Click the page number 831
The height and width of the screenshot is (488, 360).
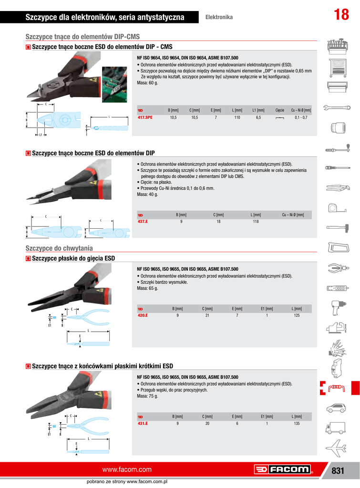point(338,470)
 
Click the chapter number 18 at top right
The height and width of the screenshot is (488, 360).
point(341,15)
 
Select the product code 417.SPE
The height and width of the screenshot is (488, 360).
point(145,117)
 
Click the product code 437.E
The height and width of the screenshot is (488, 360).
point(143,222)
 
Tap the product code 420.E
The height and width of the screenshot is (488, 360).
point(143,315)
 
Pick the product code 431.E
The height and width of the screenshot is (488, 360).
point(143,423)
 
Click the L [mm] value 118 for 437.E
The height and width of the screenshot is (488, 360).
point(256,222)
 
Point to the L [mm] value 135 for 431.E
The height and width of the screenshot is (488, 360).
point(297,423)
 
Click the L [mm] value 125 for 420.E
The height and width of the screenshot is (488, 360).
point(297,315)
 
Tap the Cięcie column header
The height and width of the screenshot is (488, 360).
point(280,110)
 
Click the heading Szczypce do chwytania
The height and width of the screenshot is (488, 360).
point(59,248)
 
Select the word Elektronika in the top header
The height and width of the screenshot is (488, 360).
point(219,17)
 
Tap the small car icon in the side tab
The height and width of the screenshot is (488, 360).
point(338,408)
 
